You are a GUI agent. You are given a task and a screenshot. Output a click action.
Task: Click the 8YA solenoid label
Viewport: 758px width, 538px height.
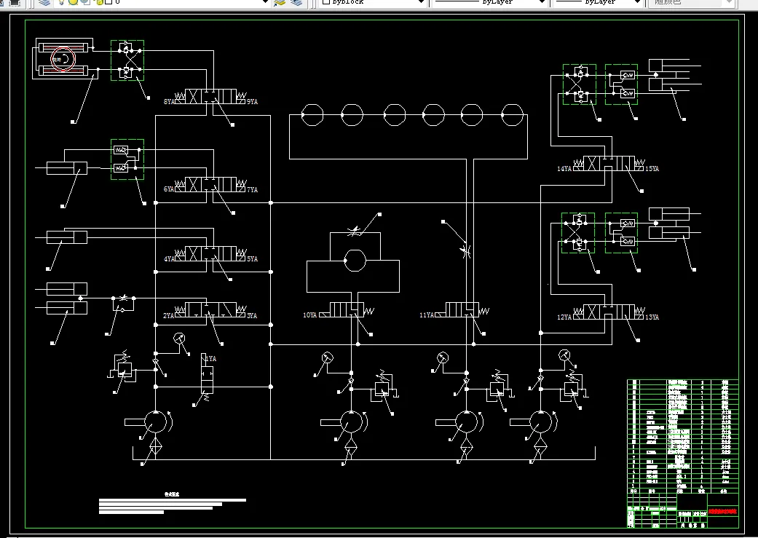click(x=169, y=102)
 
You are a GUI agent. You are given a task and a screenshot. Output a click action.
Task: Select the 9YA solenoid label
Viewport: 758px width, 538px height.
click(x=252, y=102)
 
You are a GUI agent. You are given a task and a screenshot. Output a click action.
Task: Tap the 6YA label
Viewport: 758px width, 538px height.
click(x=169, y=189)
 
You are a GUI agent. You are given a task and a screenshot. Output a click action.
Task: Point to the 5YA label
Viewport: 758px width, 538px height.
click(x=252, y=258)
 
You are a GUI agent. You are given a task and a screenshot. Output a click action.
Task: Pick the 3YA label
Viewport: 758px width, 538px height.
click(x=252, y=315)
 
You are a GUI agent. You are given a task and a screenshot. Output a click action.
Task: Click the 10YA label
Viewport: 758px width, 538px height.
click(x=309, y=315)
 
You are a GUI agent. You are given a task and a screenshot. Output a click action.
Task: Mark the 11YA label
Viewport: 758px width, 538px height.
click(x=427, y=315)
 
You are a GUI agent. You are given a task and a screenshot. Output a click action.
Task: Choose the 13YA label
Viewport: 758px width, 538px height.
click(x=652, y=317)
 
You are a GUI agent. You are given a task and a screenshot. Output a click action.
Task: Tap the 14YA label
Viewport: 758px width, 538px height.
click(x=564, y=169)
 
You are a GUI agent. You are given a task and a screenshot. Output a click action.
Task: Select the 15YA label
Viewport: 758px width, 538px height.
click(x=652, y=169)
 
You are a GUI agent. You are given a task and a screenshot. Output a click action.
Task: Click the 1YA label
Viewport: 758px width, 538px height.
click(x=210, y=359)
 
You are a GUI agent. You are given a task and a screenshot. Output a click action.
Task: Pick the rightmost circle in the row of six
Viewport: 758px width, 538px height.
click(x=512, y=114)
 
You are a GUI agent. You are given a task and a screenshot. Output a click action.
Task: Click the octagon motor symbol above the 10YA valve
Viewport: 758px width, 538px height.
click(x=353, y=261)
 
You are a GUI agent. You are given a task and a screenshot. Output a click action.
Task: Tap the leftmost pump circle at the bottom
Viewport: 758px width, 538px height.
click(x=155, y=422)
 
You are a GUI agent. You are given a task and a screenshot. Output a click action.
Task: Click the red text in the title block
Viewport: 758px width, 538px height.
click(x=722, y=511)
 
